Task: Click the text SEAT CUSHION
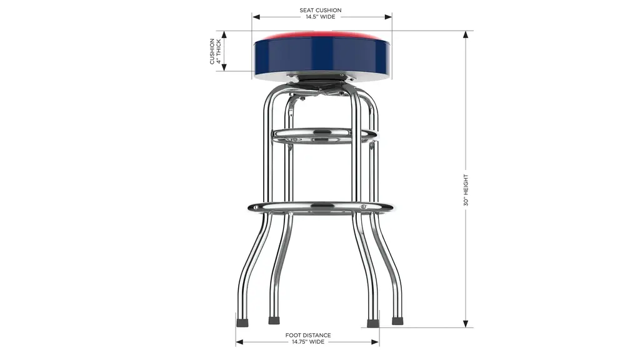321,10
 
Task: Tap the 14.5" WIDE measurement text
321,17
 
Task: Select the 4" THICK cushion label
219,51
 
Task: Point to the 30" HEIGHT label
466,190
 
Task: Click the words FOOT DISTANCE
308,335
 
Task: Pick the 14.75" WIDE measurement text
308,342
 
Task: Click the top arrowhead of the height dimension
466,35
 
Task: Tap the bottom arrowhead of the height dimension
466,324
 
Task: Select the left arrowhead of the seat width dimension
256,17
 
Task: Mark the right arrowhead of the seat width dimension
387,17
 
